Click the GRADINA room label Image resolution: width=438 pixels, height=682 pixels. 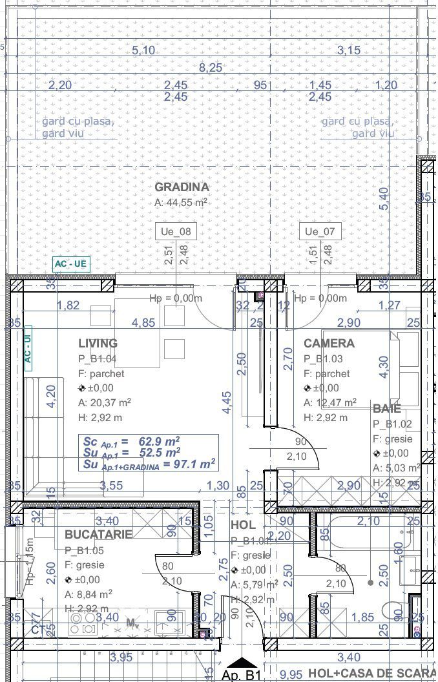click(182, 187)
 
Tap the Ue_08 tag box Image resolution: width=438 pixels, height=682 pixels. click(176, 231)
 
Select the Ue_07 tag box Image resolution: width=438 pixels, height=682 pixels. click(320, 231)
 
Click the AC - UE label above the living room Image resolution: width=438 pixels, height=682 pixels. click(70, 263)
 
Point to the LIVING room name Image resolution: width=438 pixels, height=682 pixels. click(98, 344)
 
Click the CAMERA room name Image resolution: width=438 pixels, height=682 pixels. click(329, 344)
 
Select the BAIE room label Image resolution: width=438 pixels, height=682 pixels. click(386, 409)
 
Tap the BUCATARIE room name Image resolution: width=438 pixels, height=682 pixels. click(98, 535)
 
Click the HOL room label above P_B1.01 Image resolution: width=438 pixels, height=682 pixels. click(244, 526)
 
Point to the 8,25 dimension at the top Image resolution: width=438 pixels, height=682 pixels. click(211, 68)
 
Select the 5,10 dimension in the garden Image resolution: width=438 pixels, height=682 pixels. click(143, 50)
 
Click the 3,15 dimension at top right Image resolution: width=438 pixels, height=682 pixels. click(349, 50)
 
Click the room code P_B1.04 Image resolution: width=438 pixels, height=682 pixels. click(97, 359)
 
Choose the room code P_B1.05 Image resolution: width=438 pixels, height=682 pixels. click(84, 550)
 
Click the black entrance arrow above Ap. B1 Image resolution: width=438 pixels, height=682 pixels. click(242, 662)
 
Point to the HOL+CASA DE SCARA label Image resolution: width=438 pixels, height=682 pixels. click(372, 674)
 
